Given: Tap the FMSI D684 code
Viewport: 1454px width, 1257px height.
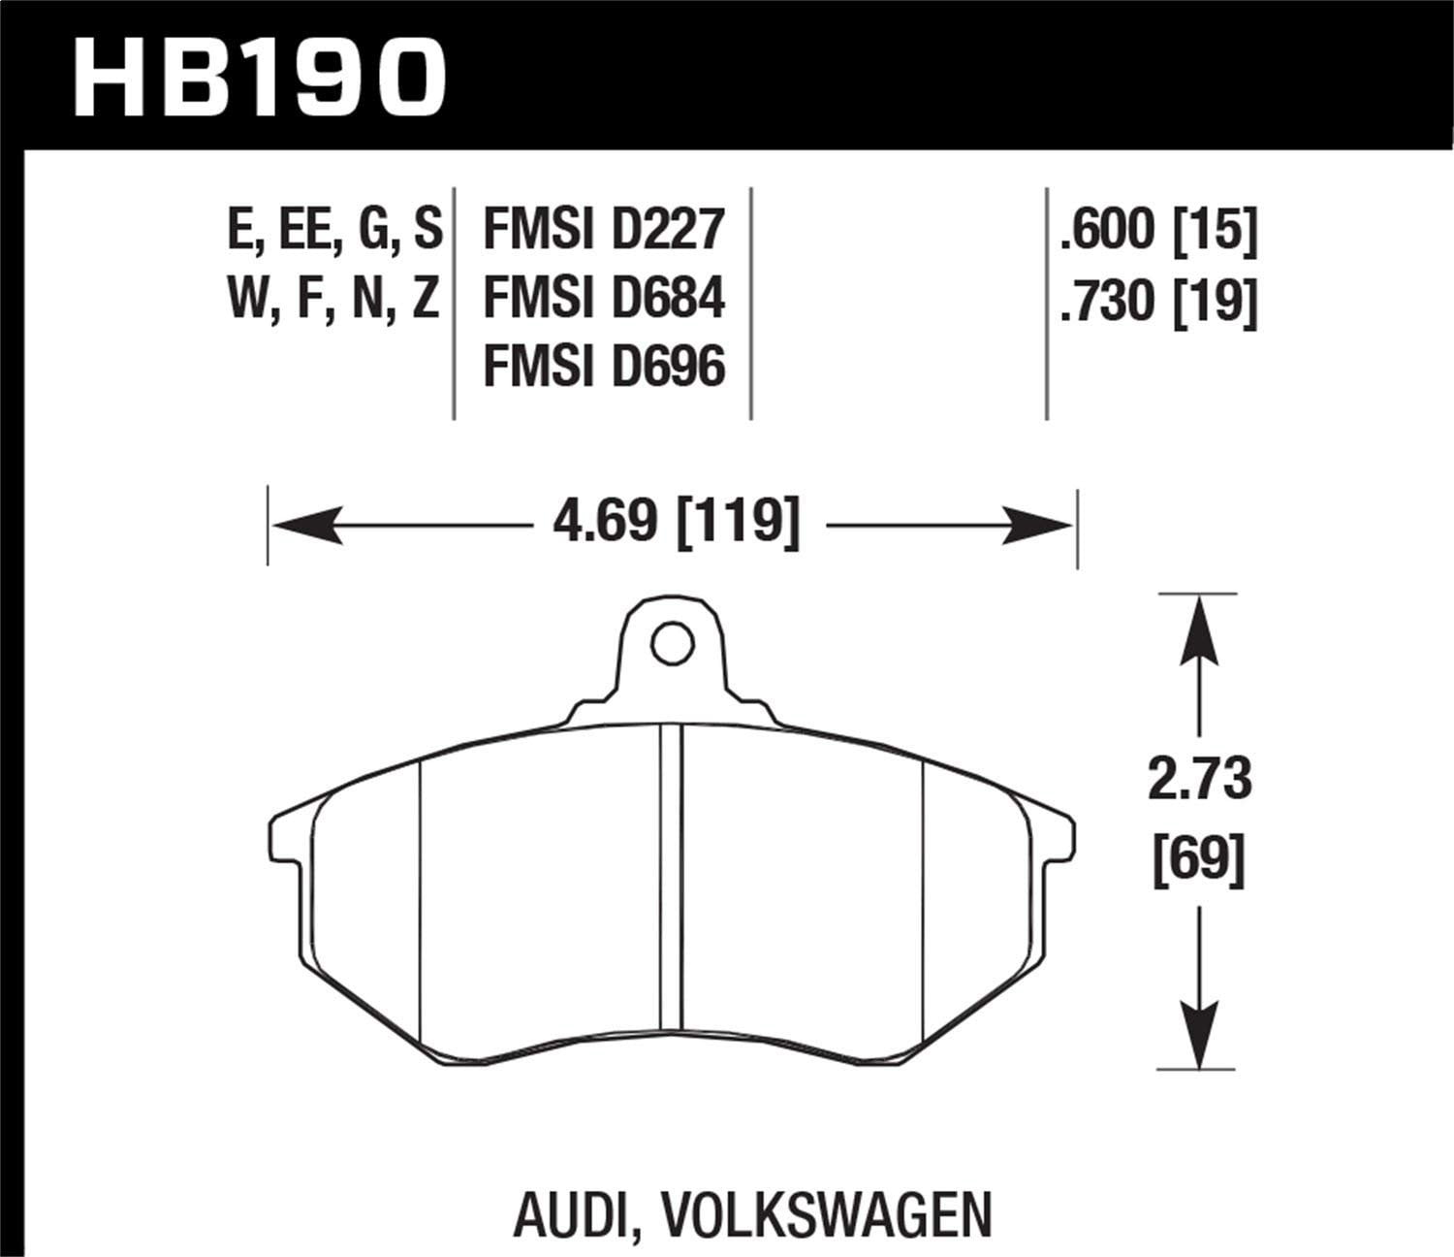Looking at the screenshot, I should coord(604,299).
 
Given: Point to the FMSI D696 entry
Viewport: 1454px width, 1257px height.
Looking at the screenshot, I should coord(604,367).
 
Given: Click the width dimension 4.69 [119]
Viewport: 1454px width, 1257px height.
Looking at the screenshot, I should coord(676,525).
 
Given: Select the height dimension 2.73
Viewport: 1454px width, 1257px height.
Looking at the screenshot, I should coord(1200,781).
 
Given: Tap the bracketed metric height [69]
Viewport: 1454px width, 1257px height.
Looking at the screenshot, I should coord(1200,857).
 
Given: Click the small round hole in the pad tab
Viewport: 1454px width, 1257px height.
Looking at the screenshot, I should coord(672,643).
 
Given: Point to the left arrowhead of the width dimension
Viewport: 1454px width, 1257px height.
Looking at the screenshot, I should coord(305,526).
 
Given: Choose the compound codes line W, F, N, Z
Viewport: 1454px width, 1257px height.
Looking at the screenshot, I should coord(333,299).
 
